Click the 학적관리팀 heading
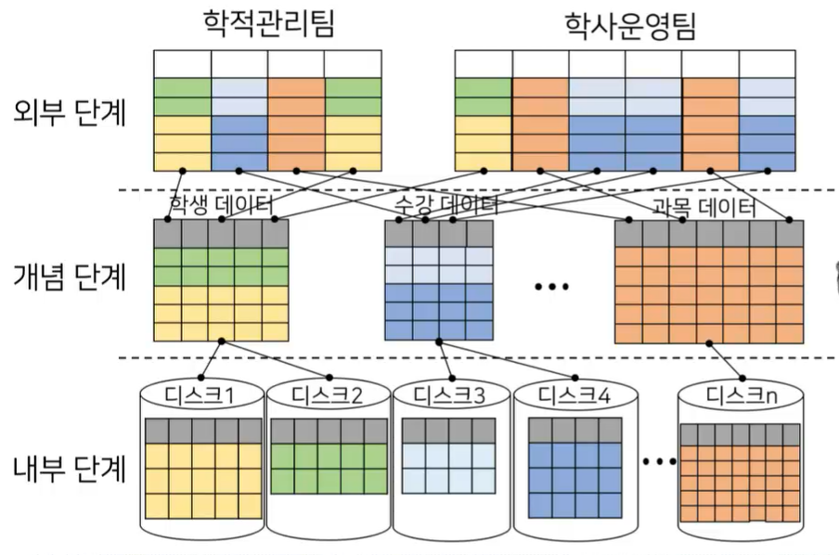[268, 25]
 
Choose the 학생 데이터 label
[221, 204]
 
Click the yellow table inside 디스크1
[203, 469]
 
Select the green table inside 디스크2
[328, 456]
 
